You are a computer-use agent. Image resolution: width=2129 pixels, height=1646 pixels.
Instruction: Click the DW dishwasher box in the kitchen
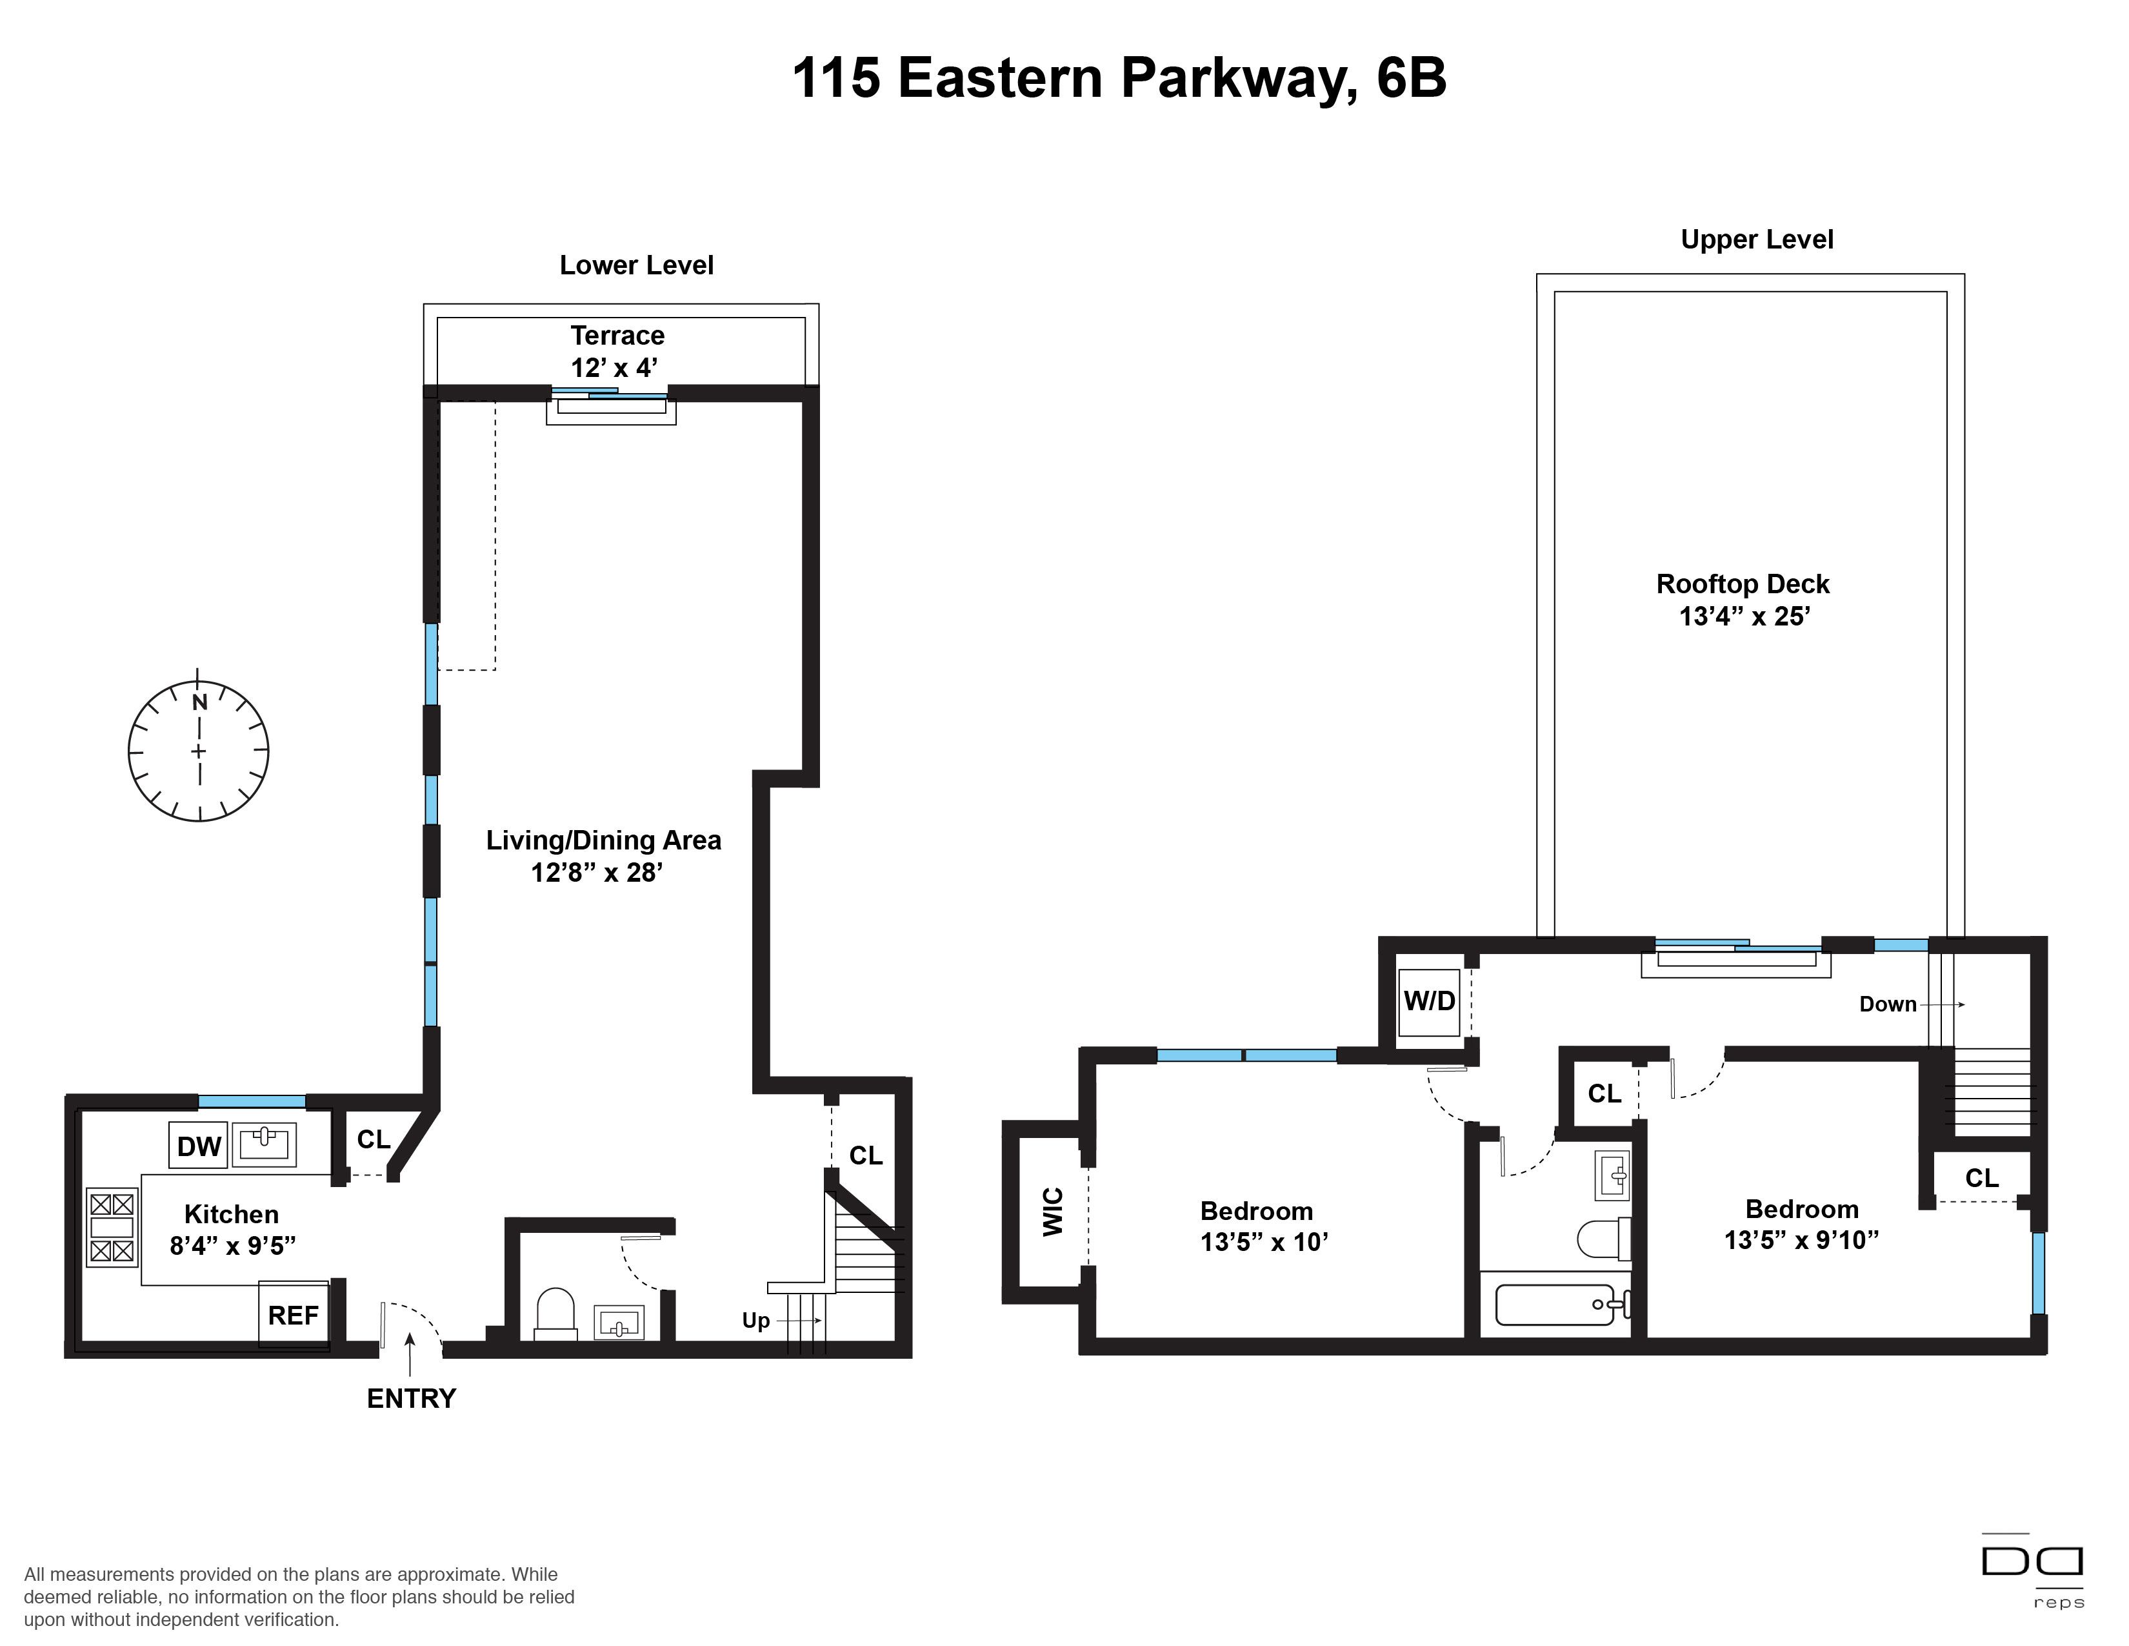click(199, 1146)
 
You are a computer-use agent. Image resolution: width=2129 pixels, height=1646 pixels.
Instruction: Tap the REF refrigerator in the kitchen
click(294, 1314)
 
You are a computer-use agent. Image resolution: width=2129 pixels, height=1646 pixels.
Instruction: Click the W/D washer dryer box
click(1429, 1001)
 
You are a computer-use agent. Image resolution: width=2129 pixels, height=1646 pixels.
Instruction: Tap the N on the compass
click(200, 702)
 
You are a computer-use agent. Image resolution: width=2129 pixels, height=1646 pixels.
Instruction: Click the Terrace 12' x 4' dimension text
click(614, 368)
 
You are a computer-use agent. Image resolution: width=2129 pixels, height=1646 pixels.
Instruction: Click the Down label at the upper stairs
click(1888, 1004)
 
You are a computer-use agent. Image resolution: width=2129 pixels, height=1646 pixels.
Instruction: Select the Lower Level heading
click(637, 265)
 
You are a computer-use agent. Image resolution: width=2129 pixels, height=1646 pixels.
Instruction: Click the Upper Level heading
click(1757, 240)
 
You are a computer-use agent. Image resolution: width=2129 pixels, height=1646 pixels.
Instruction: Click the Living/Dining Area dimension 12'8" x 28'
click(597, 872)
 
